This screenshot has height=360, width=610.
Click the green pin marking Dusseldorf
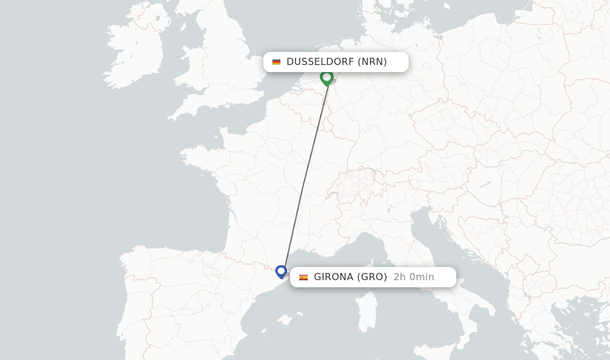click(326, 77)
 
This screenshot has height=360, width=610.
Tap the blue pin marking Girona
click(281, 272)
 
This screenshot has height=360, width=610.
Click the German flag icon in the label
click(276, 62)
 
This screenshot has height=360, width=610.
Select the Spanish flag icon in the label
click(303, 277)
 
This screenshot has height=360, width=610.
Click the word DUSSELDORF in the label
click(320, 62)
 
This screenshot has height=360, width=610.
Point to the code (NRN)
click(372, 62)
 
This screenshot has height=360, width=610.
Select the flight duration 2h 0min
click(414, 277)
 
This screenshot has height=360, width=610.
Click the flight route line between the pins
click(305, 173)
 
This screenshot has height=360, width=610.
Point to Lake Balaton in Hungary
click(484, 184)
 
